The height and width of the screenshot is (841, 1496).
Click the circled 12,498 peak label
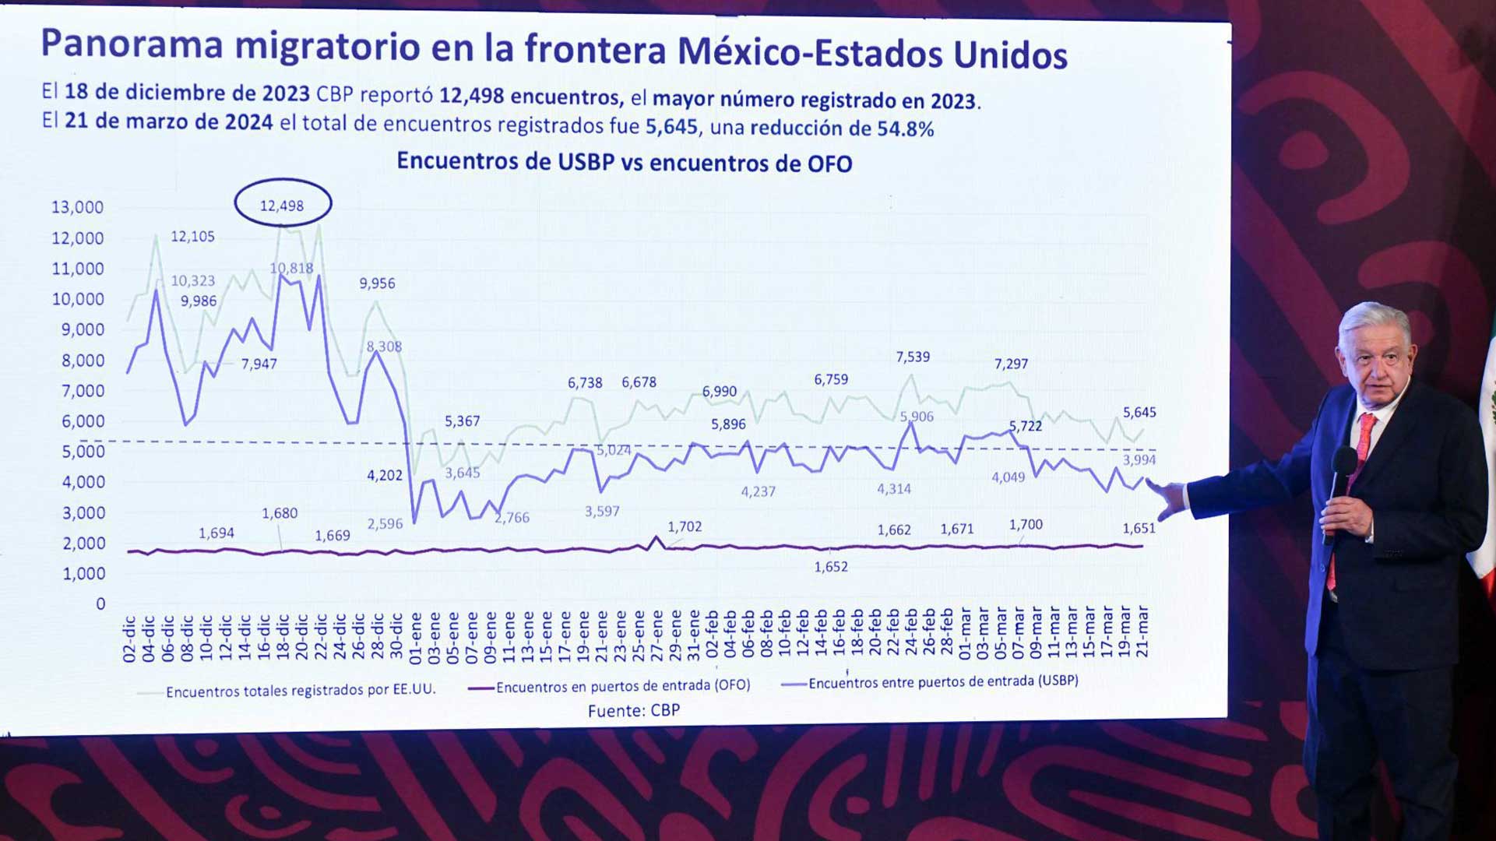click(x=282, y=205)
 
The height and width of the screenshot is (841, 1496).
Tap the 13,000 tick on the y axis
click(x=77, y=207)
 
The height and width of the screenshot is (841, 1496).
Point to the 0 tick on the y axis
click(x=100, y=603)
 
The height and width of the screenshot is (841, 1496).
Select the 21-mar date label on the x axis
click(x=1142, y=632)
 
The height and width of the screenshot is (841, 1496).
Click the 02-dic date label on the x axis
click(x=129, y=639)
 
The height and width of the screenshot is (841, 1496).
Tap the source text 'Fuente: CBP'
click(x=633, y=710)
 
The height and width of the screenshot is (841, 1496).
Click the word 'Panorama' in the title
click(x=132, y=44)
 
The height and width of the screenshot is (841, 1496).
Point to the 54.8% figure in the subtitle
click(x=905, y=129)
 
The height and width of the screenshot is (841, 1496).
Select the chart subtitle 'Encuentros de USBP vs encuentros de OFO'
click(x=624, y=162)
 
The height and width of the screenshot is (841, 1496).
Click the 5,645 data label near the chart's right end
click(x=1139, y=413)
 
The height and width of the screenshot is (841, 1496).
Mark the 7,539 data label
click(x=912, y=357)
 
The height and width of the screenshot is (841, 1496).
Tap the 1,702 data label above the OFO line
click(x=685, y=526)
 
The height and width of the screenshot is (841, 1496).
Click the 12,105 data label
click(x=192, y=236)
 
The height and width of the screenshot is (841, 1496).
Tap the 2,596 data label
click(x=385, y=524)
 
